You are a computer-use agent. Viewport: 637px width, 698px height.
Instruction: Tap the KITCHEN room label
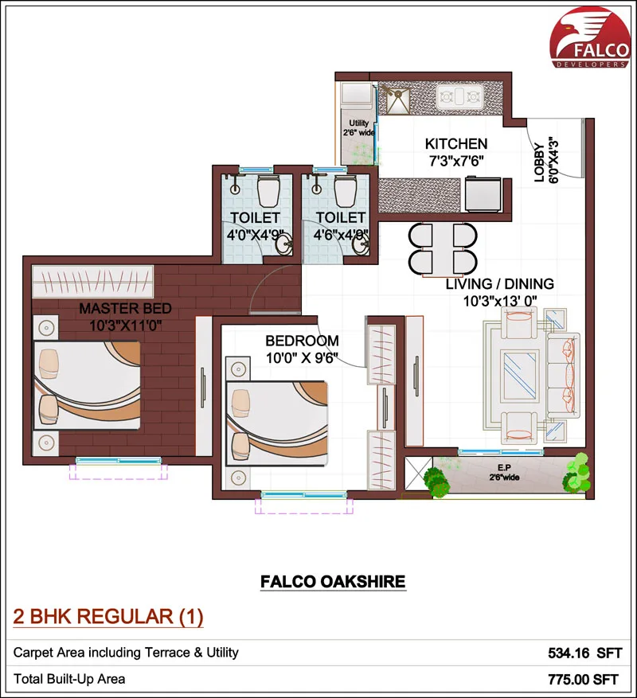click(x=455, y=144)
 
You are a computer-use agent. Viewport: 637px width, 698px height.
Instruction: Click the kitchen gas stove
click(x=460, y=98)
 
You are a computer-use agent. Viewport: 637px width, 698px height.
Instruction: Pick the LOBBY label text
click(x=539, y=163)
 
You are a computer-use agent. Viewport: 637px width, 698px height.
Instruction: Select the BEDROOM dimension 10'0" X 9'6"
click(x=302, y=357)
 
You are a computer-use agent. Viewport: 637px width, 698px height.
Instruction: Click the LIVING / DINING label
click(x=499, y=283)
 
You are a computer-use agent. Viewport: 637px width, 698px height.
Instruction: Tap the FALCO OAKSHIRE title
click(x=333, y=583)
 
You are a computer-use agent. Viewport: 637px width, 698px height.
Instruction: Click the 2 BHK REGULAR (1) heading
click(x=109, y=616)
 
